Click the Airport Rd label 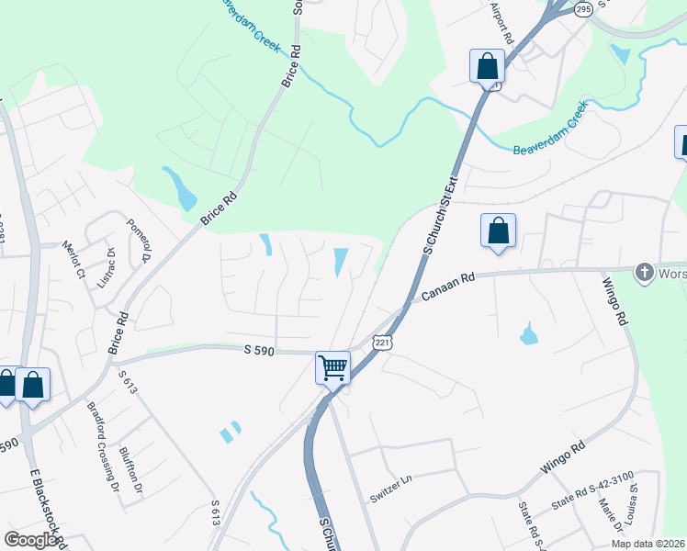click(501, 24)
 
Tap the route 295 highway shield click(583, 8)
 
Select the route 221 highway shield click(382, 342)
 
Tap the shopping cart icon click(333, 367)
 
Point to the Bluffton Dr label click(132, 470)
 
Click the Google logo click(31, 540)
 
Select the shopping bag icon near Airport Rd click(487, 66)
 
